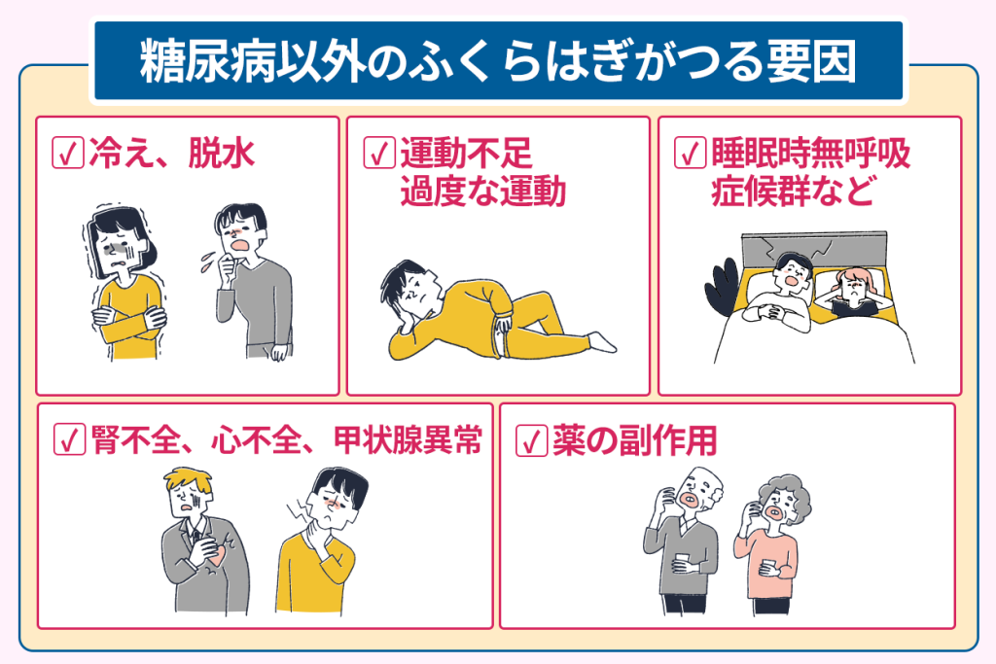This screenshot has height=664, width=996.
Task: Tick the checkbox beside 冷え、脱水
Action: coord(68,153)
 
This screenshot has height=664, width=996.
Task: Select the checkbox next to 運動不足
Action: coord(379,153)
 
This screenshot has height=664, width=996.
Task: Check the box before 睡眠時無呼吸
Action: coord(690,153)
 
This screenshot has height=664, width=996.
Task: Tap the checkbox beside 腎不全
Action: coord(69,439)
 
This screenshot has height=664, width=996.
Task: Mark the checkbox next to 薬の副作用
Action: coord(531,440)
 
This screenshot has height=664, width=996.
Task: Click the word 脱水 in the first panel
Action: coord(222,153)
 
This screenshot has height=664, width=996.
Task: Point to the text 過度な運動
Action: coord(482,192)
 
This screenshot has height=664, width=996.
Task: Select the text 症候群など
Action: coord(793,192)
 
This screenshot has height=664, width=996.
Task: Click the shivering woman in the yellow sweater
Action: coord(124,284)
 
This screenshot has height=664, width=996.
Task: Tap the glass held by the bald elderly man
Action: coord(682,563)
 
